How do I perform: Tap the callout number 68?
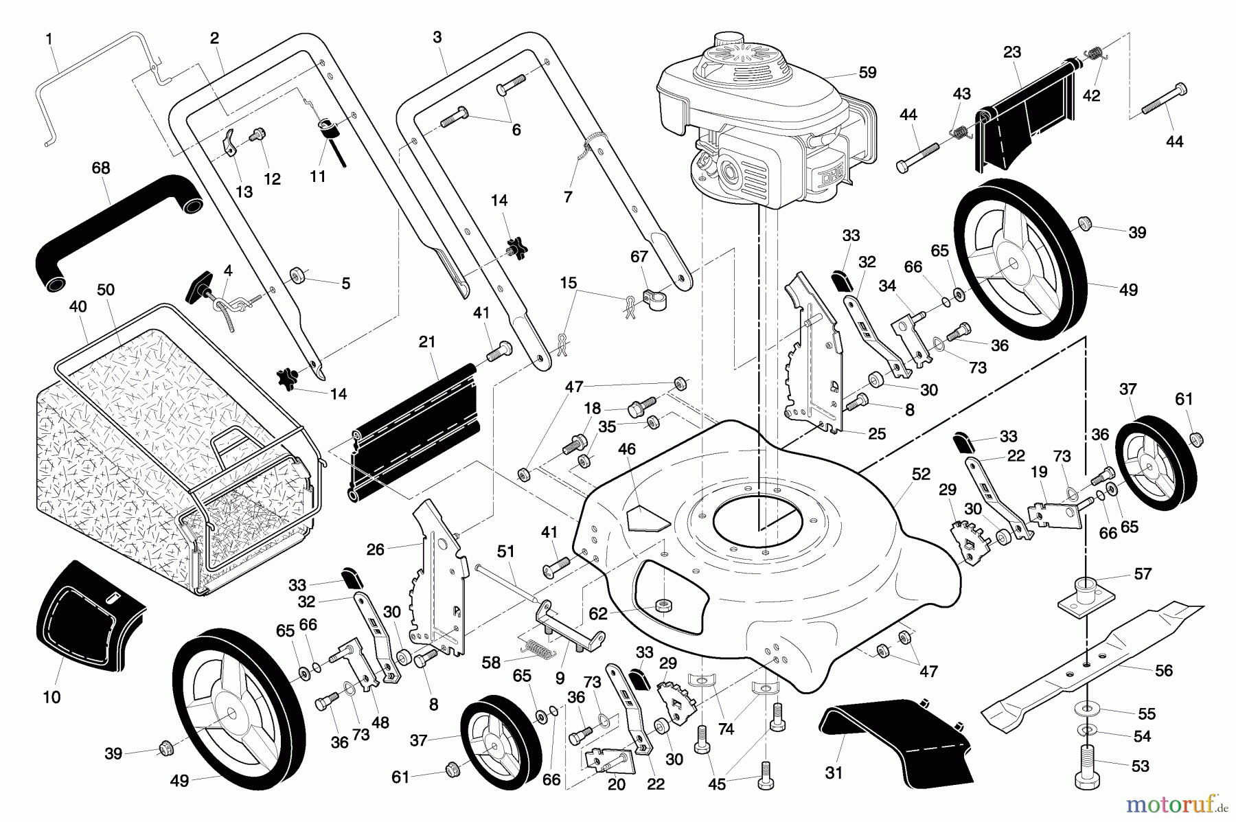pos(101,168)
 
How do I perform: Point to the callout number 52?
pos(921,474)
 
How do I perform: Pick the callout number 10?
pos(51,697)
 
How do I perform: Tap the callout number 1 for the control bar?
pos(49,39)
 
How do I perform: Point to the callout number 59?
pos(867,72)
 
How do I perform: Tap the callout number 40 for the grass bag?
pos(78,307)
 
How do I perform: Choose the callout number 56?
pos(1164,670)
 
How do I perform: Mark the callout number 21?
pos(427,341)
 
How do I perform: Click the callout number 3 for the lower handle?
pos(437,38)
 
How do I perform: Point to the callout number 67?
pos(639,256)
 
